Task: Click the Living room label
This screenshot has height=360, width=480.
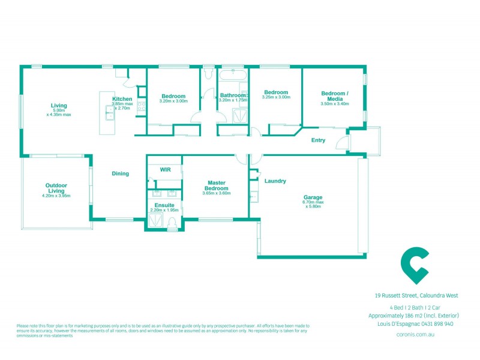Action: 59,106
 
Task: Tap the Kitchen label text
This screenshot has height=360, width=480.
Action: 122,99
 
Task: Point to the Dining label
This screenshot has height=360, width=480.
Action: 121,174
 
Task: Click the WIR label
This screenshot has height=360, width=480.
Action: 166,170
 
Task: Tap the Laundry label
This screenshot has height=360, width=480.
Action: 275,181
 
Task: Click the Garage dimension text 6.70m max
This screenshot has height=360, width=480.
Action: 313,202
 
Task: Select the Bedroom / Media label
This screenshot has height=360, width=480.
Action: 334,96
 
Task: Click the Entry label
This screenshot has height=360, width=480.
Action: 318,140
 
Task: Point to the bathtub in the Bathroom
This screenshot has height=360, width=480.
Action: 233,76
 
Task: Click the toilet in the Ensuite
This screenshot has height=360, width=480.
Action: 172,224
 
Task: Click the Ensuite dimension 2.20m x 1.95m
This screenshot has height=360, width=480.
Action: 164,210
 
